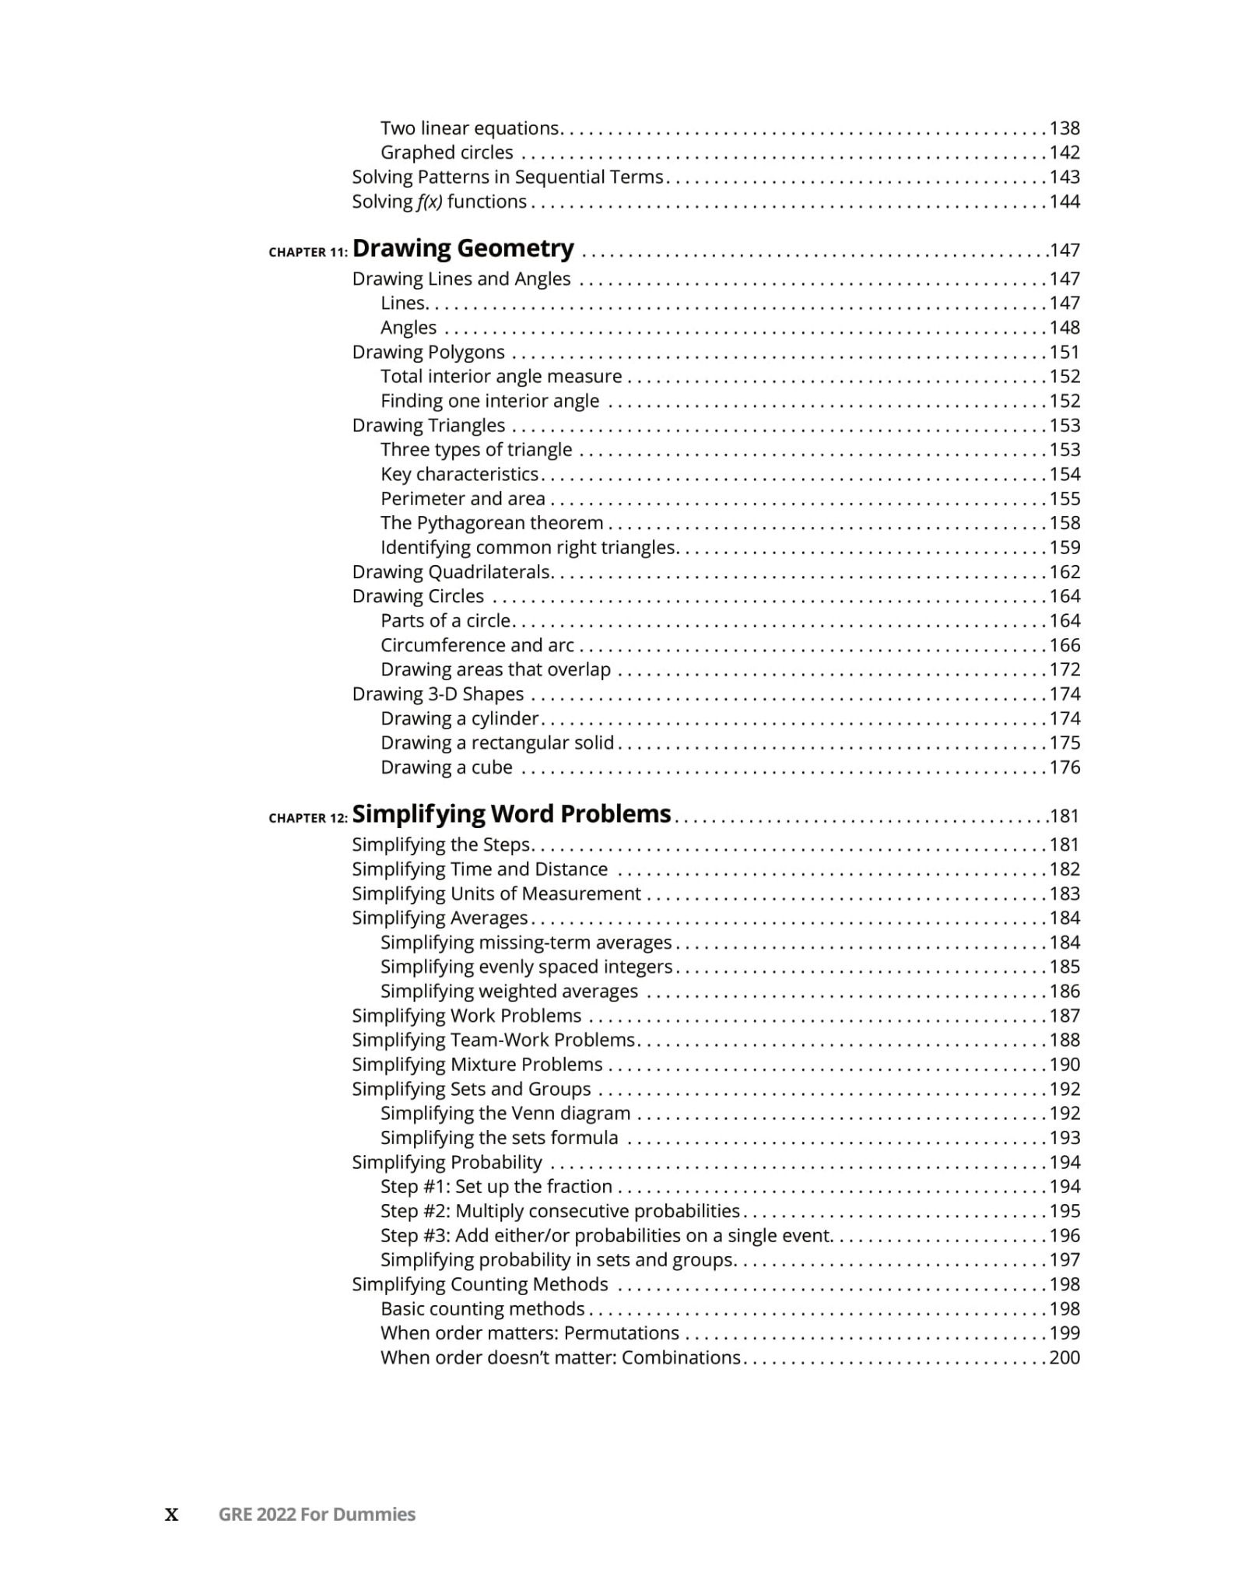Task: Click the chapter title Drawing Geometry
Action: click(x=463, y=248)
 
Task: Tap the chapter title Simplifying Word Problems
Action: click(x=511, y=814)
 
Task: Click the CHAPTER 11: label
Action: click(x=308, y=252)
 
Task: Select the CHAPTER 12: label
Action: click(x=308, y=818)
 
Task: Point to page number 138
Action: click(x=1064, y=128)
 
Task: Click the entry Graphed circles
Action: click(x=447, y=153)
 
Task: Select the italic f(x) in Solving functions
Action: click(x=429, y=202)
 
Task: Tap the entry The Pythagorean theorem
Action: click(x=492, y=523)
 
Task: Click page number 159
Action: click(x=1064, y=548)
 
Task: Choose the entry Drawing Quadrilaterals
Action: click(x=451, y=572)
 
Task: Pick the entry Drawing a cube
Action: click(x=447, y=767)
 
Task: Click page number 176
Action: click(x=1064, y=767)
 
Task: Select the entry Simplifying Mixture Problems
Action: click(x=477, y=1065)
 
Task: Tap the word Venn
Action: click(x=534, y=1114)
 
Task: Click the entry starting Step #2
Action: click(x=560, y=1211)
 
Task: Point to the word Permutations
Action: click(x=622, y=1333)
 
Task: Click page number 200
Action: click(x=1064, y=1357)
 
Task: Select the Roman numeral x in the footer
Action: click(x=172, y=1515)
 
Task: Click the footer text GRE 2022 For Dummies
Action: click(x=317, y=1515)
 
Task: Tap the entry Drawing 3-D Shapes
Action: click(x=438, y=694)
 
